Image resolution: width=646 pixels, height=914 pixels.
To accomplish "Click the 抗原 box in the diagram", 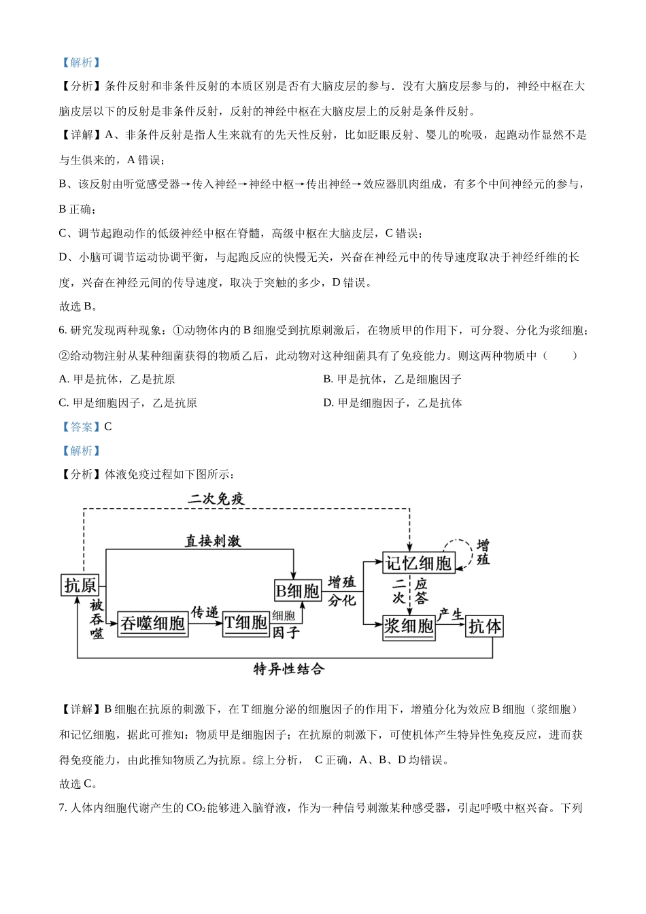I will (80, 585).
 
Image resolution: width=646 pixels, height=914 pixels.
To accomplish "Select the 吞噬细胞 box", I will (153, 623).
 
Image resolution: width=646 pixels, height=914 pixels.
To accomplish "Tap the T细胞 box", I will (246, 623).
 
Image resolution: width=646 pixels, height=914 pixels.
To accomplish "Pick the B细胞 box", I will (297, 590).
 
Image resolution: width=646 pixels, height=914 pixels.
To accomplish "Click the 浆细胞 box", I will (409, 626).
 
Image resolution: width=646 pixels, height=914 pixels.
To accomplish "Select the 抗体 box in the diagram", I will (485, 626).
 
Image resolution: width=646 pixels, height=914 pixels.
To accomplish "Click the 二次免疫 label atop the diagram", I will (216, 499).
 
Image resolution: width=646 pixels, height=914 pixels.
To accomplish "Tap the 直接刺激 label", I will (213, 541).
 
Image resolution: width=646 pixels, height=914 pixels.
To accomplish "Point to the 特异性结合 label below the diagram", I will (289, 669).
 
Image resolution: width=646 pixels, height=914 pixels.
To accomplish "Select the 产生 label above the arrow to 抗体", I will (450, 615).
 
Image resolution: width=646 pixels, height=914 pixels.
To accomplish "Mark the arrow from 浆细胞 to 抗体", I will (451, 626).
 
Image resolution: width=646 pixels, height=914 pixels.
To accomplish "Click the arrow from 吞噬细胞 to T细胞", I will (205, 624).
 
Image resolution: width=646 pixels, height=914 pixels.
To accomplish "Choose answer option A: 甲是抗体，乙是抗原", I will (117, 379).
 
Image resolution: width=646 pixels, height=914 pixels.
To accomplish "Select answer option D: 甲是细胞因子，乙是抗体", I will (393, 403).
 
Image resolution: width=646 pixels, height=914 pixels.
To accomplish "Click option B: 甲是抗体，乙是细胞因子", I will (392, 379).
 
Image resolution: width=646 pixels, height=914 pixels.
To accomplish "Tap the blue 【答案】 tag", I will (81, 427).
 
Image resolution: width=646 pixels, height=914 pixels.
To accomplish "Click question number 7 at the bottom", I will (63, 808).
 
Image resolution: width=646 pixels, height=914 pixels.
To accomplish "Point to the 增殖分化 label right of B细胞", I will (342, 591).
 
